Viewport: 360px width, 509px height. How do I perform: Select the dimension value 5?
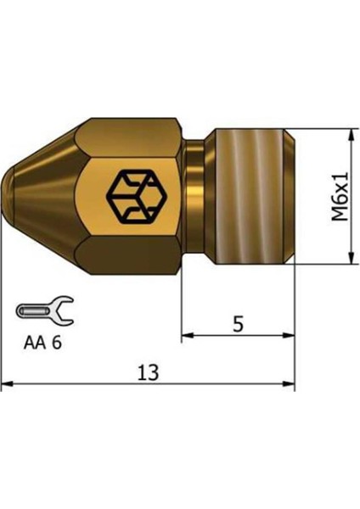[239, 323]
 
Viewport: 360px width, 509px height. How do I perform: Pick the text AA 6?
[42, 344]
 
